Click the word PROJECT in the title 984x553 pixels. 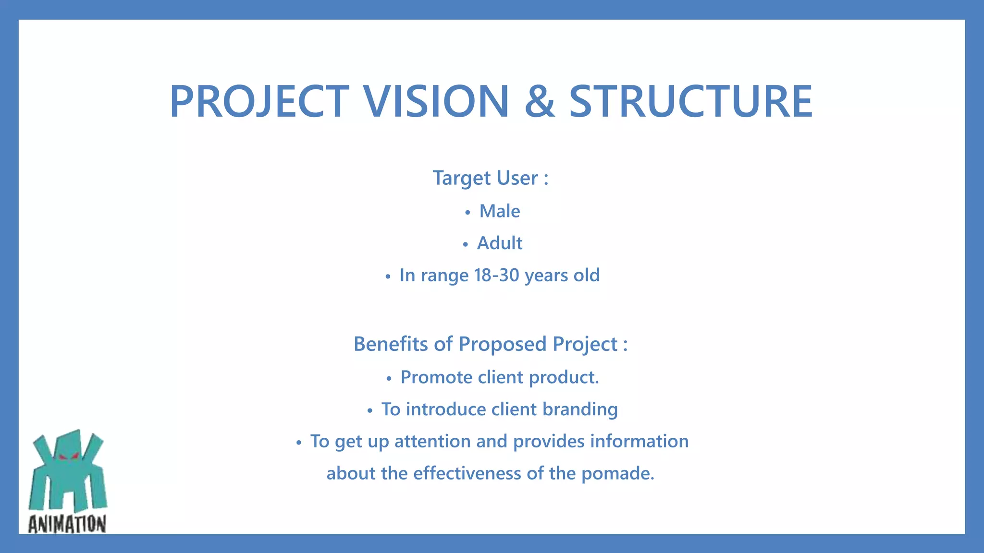[x=259, y=101]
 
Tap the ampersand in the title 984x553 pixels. [x=540, y=101]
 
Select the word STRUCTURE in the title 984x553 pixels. [x=691, y=101]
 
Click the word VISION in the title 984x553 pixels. [x=435, y=101]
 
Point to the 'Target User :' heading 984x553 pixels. [x=491, y=178]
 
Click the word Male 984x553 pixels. [x=500, y=211]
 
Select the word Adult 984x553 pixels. [x=499, y=243]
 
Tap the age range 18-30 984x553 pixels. [x=496, y=275]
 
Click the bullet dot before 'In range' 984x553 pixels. [x=388, y=277]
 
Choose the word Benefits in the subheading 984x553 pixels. [x=391, y=344]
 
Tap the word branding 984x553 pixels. [x=580, y=409]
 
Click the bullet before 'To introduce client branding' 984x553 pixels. [x=369, y=411]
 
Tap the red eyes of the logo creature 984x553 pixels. [x=68, y=457]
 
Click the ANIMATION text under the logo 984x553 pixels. [x=67, y=524]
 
